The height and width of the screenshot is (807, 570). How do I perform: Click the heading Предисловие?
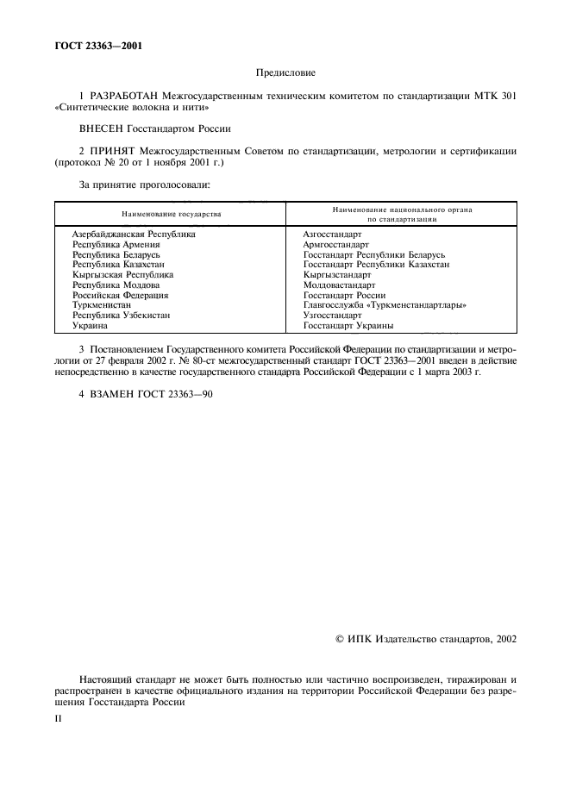pyautogui.click(x=285, y=74)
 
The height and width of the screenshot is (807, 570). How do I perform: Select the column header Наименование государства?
pyautogui.click(x=171, y=213)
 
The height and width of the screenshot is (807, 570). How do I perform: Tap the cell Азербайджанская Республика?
pyautogui.click(x=134, y=235)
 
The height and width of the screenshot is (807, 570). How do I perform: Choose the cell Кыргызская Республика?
pyautogui.click(x=122, y=275)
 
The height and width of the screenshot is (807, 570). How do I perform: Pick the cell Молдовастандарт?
pyautogui.click(x=339, y=285)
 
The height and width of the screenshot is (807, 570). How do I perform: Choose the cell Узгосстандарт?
pyautogui.click(x=332, y=316)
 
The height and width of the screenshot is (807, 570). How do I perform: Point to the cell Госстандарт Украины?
pyautogui.click(x=348, y=326)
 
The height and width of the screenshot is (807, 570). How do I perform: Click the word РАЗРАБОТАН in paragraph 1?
pyautogui.click(x=116, y=97)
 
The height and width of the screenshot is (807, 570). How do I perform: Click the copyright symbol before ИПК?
pyautogui.click(x=339, y=639)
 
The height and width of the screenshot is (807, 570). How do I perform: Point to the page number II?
pyautogui.click(x=58, y=716)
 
